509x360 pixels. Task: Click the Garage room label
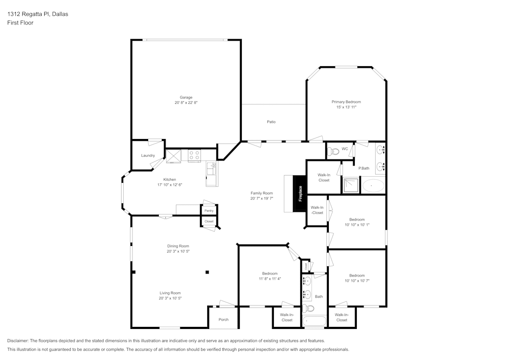click(186, 97)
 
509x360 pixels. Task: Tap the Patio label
click(271, 122)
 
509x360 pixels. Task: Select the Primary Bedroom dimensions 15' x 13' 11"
click(346, 107)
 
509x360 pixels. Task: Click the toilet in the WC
click(333, 151)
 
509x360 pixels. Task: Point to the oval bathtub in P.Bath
click(373, 186)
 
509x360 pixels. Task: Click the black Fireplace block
click(300, 193)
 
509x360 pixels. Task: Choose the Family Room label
click(262, 193)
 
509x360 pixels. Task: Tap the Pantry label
click(209, 210)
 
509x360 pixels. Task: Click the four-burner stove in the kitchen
click(194, 155)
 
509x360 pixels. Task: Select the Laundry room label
click(148, 155)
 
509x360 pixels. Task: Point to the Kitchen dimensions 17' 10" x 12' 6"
click(169, 185)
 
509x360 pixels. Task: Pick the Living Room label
click(170, 293)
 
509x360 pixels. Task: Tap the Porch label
click(223, 320)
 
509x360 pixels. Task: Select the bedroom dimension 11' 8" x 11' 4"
click(269, 279)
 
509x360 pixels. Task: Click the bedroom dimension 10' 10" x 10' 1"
click(357, 225)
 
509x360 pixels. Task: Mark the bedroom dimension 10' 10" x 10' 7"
click(357, 281)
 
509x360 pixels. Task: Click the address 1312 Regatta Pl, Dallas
click(38, 14)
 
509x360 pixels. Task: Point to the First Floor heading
click(20, 23)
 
